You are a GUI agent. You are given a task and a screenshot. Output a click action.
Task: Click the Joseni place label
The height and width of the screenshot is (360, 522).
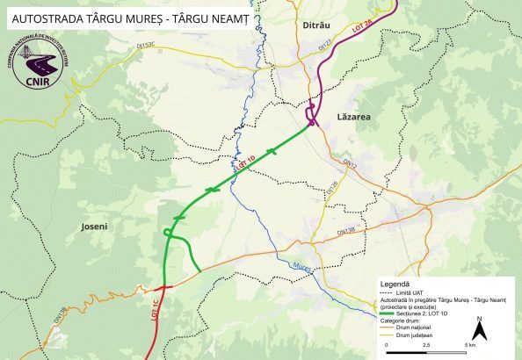click(x=92, y=227)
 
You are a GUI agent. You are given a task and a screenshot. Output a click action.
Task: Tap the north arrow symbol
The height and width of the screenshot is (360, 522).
click(x=479, y=329)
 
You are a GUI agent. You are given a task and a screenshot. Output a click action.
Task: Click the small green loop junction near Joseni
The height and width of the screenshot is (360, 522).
click(x=167, y=233)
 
